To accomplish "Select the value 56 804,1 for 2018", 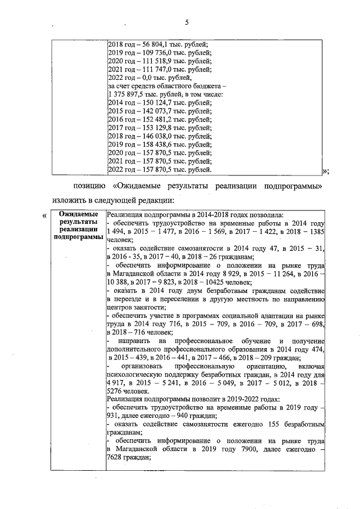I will pyautogui.click(x=154, y=44).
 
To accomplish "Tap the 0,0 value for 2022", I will pyautogui.click(x=147, y=78).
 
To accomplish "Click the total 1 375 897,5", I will pyautogui.click(x=129, y=94).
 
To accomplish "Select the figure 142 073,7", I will pyautogui.click(x=155, y=111).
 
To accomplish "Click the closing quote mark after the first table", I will pyautogui.click(x=325, y=171).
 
